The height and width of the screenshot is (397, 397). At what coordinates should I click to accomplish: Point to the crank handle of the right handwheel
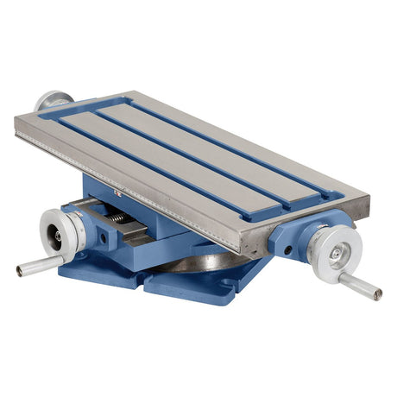357,285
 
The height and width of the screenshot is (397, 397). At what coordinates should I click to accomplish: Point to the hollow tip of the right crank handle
378,294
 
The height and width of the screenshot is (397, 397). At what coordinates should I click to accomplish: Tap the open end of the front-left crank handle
20,272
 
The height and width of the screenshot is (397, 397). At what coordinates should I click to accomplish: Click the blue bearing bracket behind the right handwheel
293,237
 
